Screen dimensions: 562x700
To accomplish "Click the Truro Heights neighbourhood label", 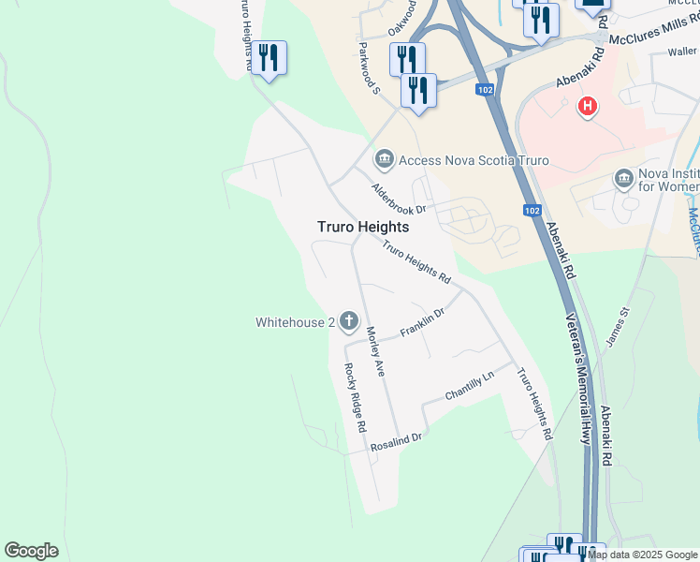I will (x=362, y=227).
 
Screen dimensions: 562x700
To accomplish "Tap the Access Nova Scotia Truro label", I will (x=474, y=160).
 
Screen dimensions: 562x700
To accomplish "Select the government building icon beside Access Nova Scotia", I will (x=384, y=159).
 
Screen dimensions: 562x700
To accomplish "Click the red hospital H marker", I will (x=588, y=107).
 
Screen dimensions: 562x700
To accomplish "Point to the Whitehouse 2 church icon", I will (x=349, y=322).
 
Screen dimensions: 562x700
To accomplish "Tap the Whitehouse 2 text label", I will (x=295, y=322).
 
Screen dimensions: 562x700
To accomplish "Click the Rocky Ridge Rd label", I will (x=355, y=397).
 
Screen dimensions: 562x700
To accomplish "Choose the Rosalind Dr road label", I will (x=397, y=441).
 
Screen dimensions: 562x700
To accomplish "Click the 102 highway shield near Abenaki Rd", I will (x=532, y=211).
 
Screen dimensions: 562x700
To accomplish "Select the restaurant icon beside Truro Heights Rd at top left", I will (x=269, y=57).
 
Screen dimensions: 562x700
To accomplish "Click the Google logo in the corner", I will (x=31, y=551).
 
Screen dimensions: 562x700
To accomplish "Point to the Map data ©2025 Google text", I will (x=642, y=555).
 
